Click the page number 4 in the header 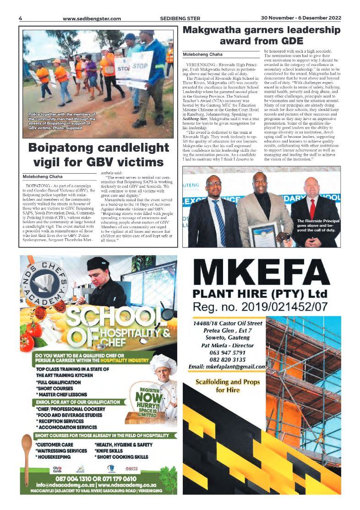pos(21,18)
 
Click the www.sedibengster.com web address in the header pos(92,19)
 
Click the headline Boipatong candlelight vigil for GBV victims pos(98,155)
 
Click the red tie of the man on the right pos(312,209)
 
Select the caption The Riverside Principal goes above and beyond pos(318,225)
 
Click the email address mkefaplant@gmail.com pos(227,367)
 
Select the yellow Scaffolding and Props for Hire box pos(228,385)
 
